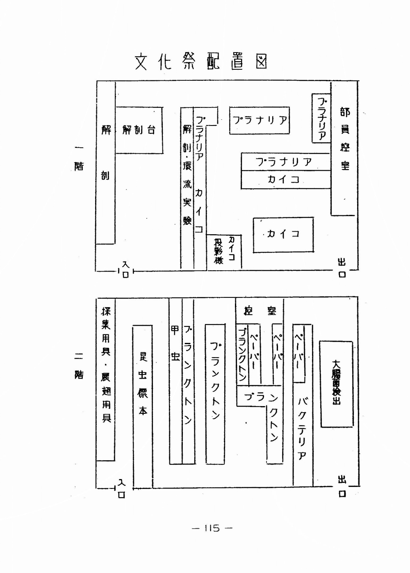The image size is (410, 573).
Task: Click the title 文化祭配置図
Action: point(201,62)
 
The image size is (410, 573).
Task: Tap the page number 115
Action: point(212,528)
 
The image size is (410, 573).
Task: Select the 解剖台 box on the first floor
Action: point(139,130)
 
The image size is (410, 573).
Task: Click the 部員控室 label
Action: point(345,138)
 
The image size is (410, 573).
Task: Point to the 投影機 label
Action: point(218,251)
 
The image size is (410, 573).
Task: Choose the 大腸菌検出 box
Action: point(336,384)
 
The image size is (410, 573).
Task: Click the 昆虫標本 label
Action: point(142,383)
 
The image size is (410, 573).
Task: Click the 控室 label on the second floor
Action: point(260,311)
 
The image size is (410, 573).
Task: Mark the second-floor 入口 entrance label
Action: point(122,488)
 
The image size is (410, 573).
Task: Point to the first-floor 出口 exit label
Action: point(342,268)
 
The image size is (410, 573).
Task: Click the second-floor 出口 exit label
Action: point(342,486)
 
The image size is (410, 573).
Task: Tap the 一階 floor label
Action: point(78,158)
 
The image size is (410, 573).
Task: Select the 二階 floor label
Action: point(78,365)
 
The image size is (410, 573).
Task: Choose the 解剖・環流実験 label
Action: point(187,174)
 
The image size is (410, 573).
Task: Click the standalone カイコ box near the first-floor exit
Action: point(283,234)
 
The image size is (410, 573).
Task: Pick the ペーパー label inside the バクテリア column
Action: point(299,352)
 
